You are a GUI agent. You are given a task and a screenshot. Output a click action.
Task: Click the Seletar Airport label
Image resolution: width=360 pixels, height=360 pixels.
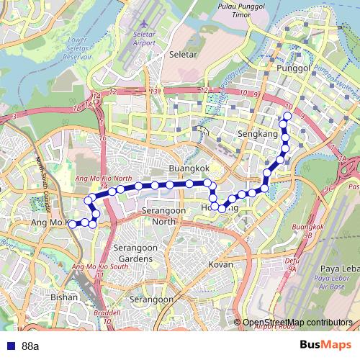coord(144,38)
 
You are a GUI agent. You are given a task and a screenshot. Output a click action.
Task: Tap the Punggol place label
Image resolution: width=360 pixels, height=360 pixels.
coord(292,68)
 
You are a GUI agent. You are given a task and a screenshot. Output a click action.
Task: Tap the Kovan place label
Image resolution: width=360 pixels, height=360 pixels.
coord(220,264)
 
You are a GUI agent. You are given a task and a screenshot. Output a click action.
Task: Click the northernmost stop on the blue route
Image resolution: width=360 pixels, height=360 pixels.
coord(287,116)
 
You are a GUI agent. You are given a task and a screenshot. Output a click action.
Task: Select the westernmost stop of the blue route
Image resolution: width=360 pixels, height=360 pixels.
coord(72,225)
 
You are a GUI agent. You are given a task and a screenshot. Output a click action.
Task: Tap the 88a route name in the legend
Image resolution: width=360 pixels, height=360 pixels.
coord(30,346)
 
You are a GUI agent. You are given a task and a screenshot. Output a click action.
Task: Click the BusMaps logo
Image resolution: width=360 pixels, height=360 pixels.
coord(325,345)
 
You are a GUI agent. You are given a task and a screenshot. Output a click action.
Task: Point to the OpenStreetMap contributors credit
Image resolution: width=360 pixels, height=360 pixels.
coord(297,323)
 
